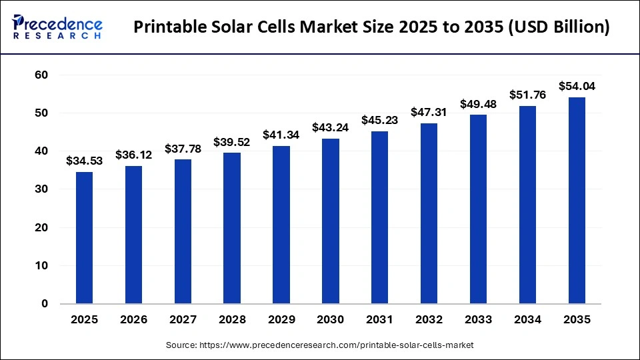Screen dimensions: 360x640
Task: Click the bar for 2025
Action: (84, 238)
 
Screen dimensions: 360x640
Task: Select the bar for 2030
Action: (331, 221)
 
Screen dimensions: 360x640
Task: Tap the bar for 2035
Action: (577, 201)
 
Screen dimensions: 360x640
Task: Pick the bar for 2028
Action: (232, 228)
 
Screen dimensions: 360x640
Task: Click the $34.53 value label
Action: (84, 161)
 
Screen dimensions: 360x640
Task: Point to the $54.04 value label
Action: (577, 86)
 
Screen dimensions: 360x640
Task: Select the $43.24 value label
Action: (331, 127)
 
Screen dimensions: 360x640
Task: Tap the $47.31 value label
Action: (429, 112)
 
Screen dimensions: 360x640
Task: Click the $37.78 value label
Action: (183, 148)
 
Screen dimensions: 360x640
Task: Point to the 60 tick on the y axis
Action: (41, 75)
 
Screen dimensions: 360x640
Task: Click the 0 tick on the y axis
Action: (45, 304)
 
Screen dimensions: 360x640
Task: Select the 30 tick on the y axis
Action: (41, 189)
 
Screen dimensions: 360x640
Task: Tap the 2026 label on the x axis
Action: (133, 320)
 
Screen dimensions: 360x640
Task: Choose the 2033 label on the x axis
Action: (478, 320)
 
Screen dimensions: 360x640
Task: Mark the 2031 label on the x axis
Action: (380, 320)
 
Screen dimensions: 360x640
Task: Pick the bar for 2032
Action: (429, 213)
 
